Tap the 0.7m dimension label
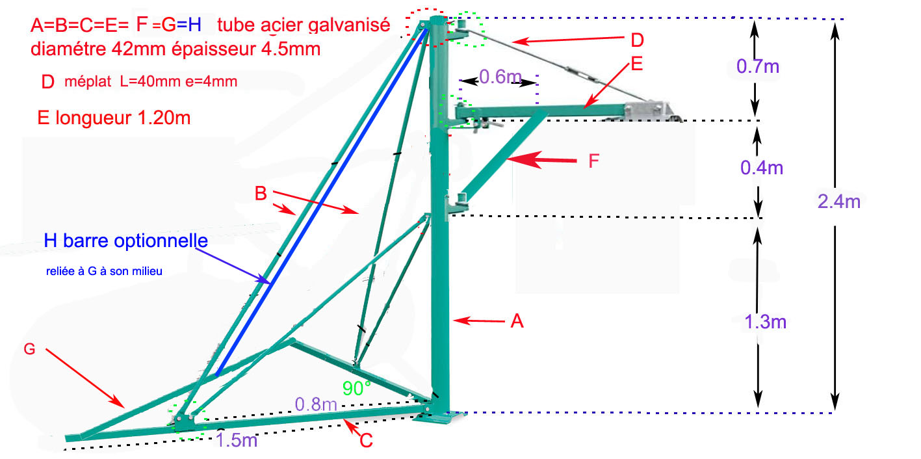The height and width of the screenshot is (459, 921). [x=758, y=66]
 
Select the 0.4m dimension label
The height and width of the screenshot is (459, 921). [x=762, y=168]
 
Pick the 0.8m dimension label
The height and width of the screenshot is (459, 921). [x=316, y=404]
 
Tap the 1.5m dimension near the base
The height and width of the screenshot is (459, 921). [x=237, y=440]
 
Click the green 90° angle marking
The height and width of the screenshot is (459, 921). [x=357, y=388]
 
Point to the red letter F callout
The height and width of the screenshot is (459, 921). [x=593, y=161]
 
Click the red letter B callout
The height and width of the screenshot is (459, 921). [x=260, y=193]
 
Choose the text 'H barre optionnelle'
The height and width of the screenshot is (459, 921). [x=126, y=240]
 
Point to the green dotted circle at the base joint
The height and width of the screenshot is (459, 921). [x=187, y=421]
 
